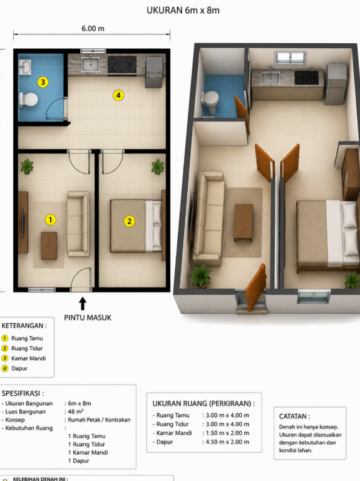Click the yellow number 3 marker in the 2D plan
point(43,82)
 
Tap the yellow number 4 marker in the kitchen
point(118,95)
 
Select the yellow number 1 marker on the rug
point(50,220)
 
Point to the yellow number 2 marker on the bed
point(130,221)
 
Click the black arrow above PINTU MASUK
point(83,304)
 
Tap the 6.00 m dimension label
point(93,29)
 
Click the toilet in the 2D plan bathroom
point(29,100)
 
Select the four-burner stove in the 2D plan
point(122,65)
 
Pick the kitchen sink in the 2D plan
point(90,64)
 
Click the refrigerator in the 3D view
point(336,84)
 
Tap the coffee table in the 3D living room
point(244,223)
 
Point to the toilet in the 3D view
point(210,101)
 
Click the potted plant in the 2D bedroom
point(158,167)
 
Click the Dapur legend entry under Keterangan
point(19,368)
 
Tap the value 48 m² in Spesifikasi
point(76,411)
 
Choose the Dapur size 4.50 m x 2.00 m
point(225,442)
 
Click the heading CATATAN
point(294,416)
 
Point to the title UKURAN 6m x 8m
point(183,11)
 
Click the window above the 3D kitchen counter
point(291,58)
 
